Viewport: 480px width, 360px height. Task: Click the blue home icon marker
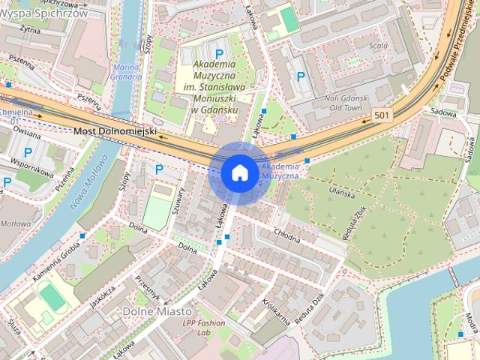coord(239,172)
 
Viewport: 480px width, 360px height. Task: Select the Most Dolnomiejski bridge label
coord(115,131)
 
